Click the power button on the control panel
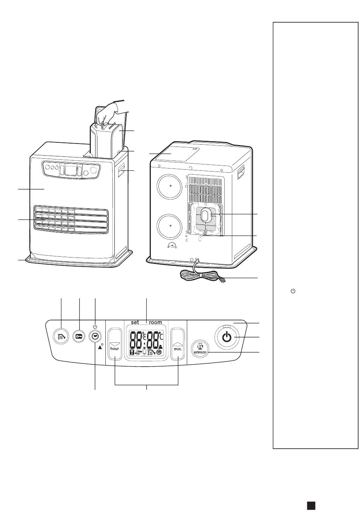click(227, 337)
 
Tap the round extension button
click(200, 348)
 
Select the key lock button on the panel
click(79, 337)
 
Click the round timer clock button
click(95, 337)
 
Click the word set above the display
click(135, 322)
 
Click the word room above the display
click(155, 322)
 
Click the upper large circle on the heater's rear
click(171, 186)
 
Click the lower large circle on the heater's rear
click(171, 225)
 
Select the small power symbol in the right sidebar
click(293, 291)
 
